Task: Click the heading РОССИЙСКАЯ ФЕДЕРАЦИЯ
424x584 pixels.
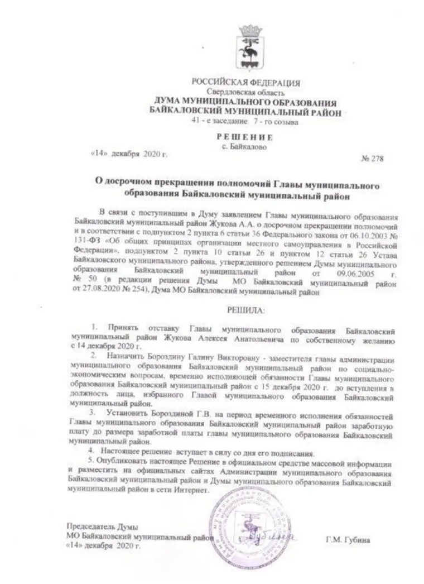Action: click(246, 83)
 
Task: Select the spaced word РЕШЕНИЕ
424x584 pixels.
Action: click(245, 137)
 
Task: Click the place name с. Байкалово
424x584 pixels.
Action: click(245, 148)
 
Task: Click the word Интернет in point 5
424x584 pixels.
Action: click(192, 490)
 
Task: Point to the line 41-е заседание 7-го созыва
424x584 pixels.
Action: click(244, 121)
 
